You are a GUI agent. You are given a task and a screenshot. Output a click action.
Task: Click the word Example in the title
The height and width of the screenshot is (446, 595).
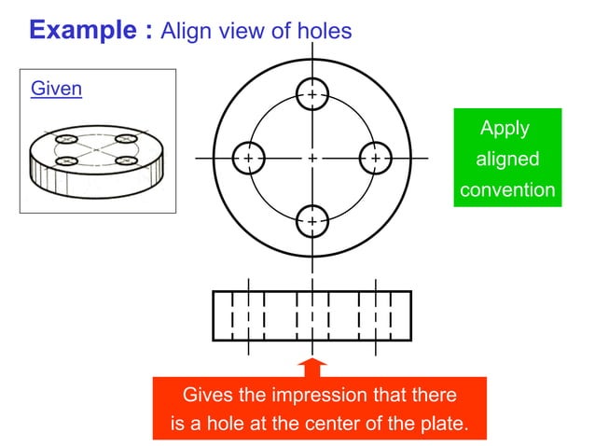84,30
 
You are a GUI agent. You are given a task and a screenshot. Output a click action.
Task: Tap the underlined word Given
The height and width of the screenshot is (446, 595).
56,89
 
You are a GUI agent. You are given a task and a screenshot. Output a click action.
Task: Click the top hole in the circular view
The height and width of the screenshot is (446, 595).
311,94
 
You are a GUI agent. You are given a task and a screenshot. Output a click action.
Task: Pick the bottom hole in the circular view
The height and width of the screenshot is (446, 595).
311,222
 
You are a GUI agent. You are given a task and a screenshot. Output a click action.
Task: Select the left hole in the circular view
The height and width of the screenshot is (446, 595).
248,159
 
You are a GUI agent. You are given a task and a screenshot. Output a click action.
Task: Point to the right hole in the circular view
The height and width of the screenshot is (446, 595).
375,159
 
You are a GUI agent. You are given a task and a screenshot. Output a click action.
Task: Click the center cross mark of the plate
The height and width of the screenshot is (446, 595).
311,159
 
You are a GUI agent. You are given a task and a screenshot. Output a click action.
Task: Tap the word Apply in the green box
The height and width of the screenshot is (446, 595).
505,128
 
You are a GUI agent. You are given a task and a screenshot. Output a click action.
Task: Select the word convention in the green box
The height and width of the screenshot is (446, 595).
507,190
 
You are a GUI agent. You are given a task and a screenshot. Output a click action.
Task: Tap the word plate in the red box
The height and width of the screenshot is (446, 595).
439,424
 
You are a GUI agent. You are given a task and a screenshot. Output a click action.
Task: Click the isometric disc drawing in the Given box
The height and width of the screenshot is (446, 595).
96,157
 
